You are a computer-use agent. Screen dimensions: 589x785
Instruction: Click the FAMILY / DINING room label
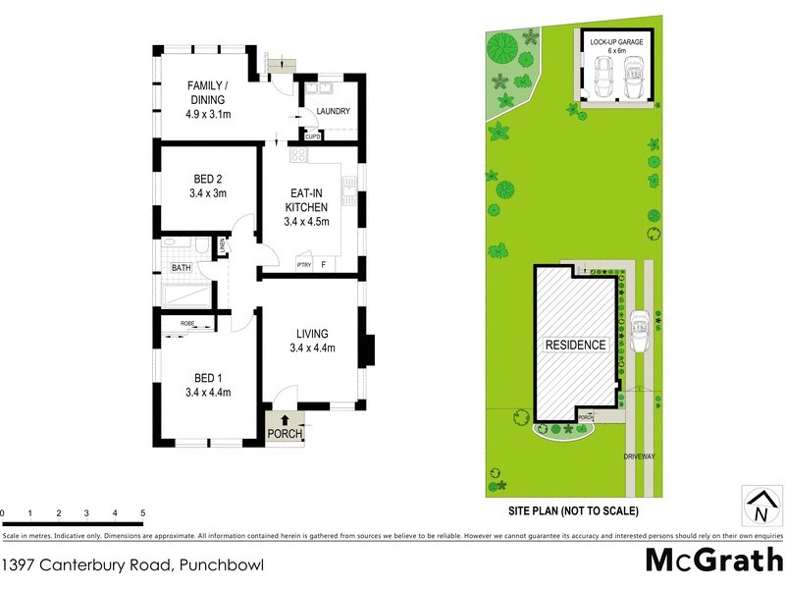[x=207, y=92]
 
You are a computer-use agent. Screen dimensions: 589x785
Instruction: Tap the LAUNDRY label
[x=333, y=111]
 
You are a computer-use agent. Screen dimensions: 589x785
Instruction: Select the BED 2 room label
[x=207, y=180]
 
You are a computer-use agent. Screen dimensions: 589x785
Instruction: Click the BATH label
[x=182, y=267]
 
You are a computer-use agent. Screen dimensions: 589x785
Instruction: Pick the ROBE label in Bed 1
[x=187, y=323]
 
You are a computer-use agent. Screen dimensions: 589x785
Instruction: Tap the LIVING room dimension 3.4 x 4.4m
[x=313, y=348]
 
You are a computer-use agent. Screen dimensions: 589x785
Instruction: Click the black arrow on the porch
[x=285, y=421]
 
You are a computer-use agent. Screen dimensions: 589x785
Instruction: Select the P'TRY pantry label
[x=303, y=264]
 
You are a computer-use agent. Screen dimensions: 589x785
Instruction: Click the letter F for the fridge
[x=323, y=264]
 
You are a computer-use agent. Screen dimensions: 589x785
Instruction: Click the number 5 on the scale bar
[x=143, y=513]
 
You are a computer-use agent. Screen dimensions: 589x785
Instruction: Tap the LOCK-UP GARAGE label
[x=615, y=44]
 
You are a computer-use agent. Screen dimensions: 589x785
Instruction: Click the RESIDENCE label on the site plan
[x=576, y=345]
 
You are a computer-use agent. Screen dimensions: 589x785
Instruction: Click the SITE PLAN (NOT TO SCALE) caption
[x=573, y=511]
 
